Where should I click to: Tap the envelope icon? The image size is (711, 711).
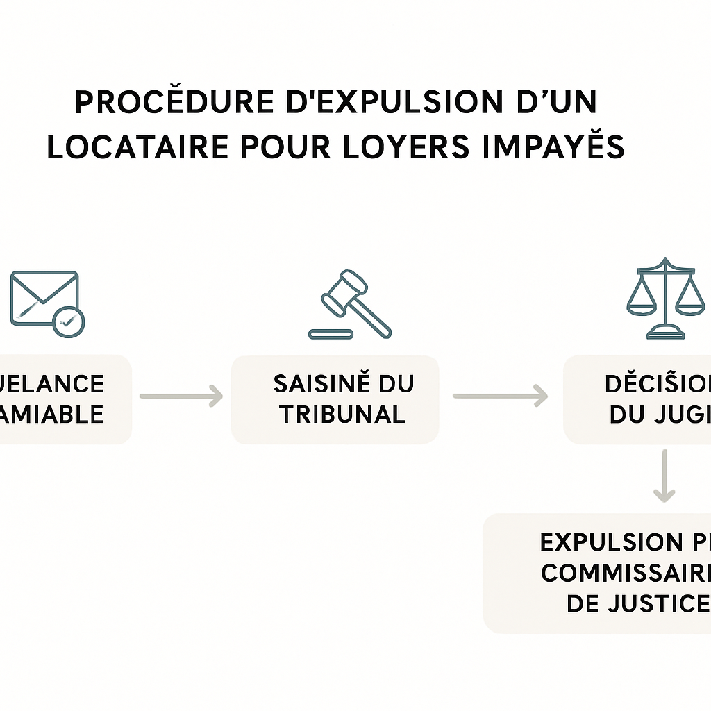(44, 299)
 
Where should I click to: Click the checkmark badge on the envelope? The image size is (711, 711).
(68, 321)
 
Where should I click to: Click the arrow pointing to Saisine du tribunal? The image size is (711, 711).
(181, 396)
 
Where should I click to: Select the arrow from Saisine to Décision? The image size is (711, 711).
(500, 396)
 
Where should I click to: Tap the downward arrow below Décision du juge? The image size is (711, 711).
(664, 476)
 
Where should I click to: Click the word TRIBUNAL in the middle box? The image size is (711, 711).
(342, 415)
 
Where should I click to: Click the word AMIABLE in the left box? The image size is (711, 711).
(52, 415)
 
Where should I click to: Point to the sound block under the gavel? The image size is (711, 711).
(331, 334)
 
